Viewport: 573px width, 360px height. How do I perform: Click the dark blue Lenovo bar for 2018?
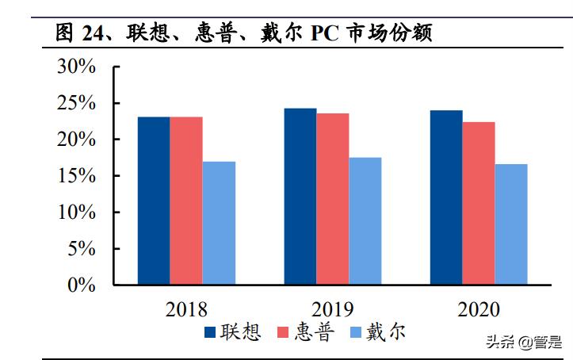point(153,201)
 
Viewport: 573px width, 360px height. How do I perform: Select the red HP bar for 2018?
point(185,201)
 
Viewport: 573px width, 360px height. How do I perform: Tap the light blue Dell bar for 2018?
point(218,223)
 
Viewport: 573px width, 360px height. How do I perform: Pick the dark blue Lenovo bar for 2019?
point(300,196)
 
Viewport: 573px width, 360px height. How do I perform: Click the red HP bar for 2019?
point(333,198)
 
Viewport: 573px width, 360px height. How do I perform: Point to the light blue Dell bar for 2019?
point(365,220)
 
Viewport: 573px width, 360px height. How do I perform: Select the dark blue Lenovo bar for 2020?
point(446,197)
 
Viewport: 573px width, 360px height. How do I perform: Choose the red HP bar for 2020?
point(479,203)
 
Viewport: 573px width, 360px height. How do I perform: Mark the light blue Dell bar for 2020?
point(511,224)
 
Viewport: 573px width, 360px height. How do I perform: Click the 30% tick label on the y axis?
point(76,67)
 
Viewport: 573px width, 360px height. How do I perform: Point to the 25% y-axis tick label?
point(76,104)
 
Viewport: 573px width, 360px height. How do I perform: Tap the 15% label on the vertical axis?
point(76,176)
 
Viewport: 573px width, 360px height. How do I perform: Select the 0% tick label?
point(82,285)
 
